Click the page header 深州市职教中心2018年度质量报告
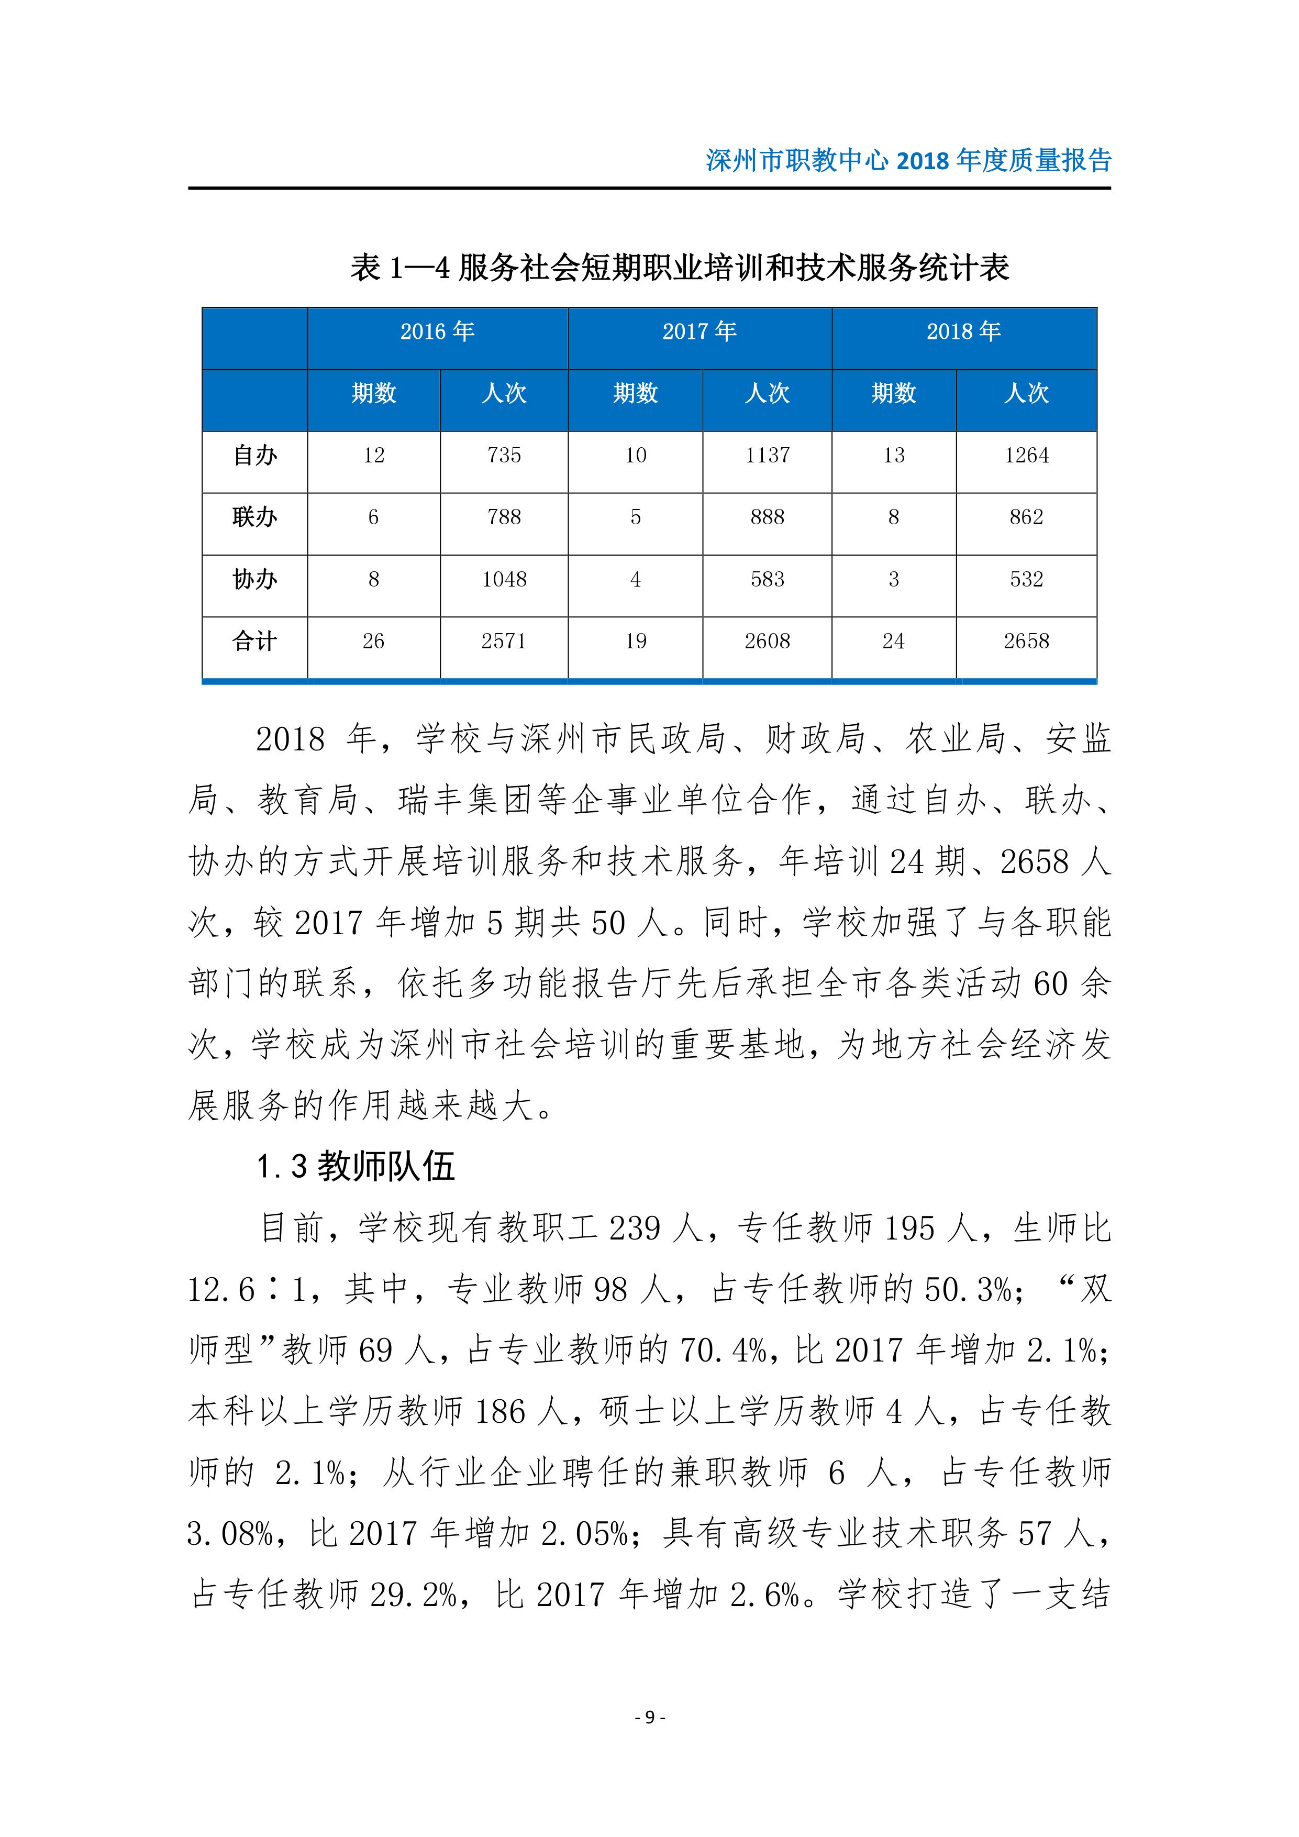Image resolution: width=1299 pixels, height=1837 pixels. click(x=908, y=161)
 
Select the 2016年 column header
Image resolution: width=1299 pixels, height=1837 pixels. click(x=438, y=331)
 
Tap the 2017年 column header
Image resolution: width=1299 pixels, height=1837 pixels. click(x=699, y=331)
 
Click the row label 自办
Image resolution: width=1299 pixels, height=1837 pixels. click(x=254, y=455)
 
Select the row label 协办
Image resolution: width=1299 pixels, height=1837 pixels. click(x=254, y=579)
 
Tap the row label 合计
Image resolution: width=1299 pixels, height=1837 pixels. click(x=254, y=641)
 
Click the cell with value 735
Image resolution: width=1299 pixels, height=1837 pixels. click(x=504, y=455)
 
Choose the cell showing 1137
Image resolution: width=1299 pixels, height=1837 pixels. click(x=767, y=455)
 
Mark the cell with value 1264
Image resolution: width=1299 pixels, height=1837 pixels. click(x=1026, y=455)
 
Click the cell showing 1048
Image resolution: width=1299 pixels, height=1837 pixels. click(x=504, y=579)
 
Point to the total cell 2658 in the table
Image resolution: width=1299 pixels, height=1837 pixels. click(x=1026, y=641)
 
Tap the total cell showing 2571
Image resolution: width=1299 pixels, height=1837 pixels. click(x=504, y=641)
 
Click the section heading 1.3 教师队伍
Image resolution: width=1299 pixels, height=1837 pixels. click(x=356, y=1167)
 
